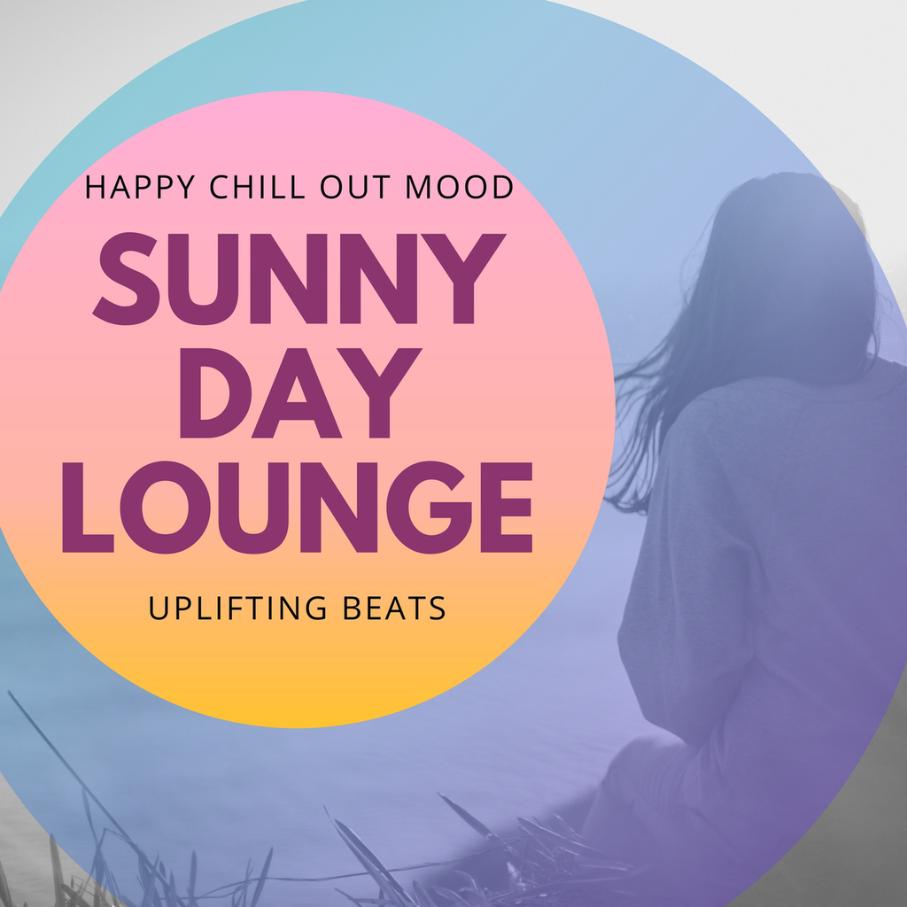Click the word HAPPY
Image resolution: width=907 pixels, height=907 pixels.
click(x=140, y=187)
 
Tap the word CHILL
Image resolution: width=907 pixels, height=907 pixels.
click(x=258, y=187)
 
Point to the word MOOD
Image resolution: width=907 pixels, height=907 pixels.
click(x=460, y=187)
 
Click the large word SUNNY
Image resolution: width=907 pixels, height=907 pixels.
click(x=299, y=278)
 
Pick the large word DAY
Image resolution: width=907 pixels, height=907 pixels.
click(x=300, y=392)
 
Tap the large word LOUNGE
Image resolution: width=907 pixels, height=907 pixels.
click(x=298, y=508)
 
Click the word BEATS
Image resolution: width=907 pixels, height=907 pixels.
click(x=394, y=608)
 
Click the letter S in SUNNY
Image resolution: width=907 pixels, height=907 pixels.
click(x=126, y=278)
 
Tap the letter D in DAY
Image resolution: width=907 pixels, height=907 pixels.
click(x=215, y=392)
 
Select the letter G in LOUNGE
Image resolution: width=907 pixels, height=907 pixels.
click(x=430, y=508)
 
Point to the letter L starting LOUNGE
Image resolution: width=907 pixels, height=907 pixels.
click(x=88, y=508)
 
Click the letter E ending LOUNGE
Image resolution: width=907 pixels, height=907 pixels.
click(x=506, y=508)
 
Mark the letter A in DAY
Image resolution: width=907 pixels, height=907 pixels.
click(x=296, y=392)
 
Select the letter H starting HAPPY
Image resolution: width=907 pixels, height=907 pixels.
click(x=96, y=187)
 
